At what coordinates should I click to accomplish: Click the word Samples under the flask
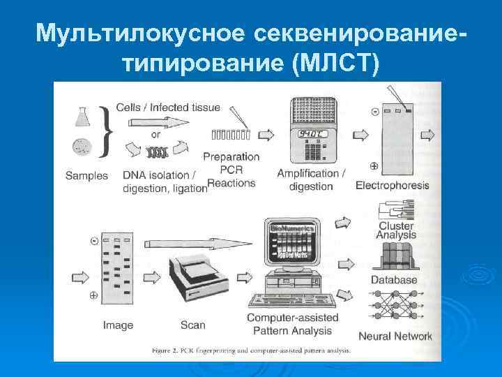coord(87,175)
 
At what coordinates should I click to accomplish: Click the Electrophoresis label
coord(393,186)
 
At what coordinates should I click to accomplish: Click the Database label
coord(394,280)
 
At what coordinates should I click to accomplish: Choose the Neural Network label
coord(395,336)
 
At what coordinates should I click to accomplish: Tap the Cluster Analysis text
coord(396,230)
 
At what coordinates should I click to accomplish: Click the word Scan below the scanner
coord(192,325)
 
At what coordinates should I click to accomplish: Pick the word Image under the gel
coord(118,325)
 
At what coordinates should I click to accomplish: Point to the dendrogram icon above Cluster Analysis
coord(395,209)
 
